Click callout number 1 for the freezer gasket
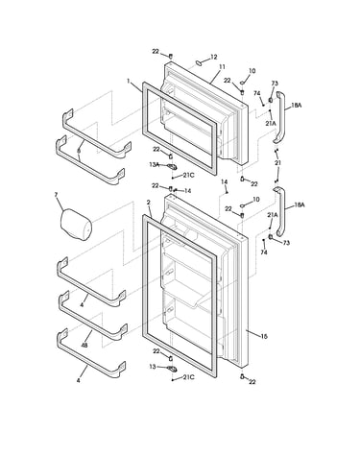pos(129,82)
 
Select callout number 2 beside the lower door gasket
pos(149,203)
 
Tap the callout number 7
pos(56,195)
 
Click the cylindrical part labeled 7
pos(76,225)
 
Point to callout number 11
pos(222,67)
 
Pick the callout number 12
pos(214,57)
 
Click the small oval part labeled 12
pos(199,62)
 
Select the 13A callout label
pos(154,164)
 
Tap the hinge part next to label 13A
pos(172,166)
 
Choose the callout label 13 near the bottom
pos(153,367)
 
